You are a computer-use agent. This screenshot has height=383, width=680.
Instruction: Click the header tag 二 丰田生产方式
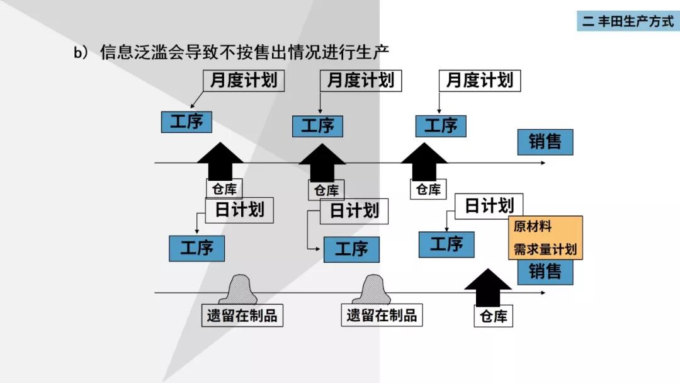point(628,21)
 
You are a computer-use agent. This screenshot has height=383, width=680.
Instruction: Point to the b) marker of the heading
point(82,53)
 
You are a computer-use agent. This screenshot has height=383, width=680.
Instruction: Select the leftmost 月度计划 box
point(243,81)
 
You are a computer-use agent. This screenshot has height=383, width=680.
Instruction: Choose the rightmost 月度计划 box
point(479,80)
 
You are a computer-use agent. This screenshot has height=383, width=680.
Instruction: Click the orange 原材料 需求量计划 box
point(545,238)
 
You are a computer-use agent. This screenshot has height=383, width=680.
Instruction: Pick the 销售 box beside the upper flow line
point(545,142)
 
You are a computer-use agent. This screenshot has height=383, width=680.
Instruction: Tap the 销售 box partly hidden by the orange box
point(545,273)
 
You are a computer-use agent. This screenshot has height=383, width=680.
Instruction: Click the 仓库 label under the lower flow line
point(493,316)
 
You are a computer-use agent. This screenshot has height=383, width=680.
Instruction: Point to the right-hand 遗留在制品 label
point(382,315)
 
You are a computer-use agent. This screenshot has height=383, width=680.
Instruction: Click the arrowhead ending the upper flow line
point(542,163)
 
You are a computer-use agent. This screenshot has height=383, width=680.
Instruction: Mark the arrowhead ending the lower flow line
point(542,293)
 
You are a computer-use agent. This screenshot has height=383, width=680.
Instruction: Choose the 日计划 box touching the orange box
point(489,206)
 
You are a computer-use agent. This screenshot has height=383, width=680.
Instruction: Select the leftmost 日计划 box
point(239,210)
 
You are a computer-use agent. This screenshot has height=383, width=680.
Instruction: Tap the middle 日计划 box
point(354,210)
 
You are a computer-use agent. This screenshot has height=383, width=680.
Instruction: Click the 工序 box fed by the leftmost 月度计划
point(186,121)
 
